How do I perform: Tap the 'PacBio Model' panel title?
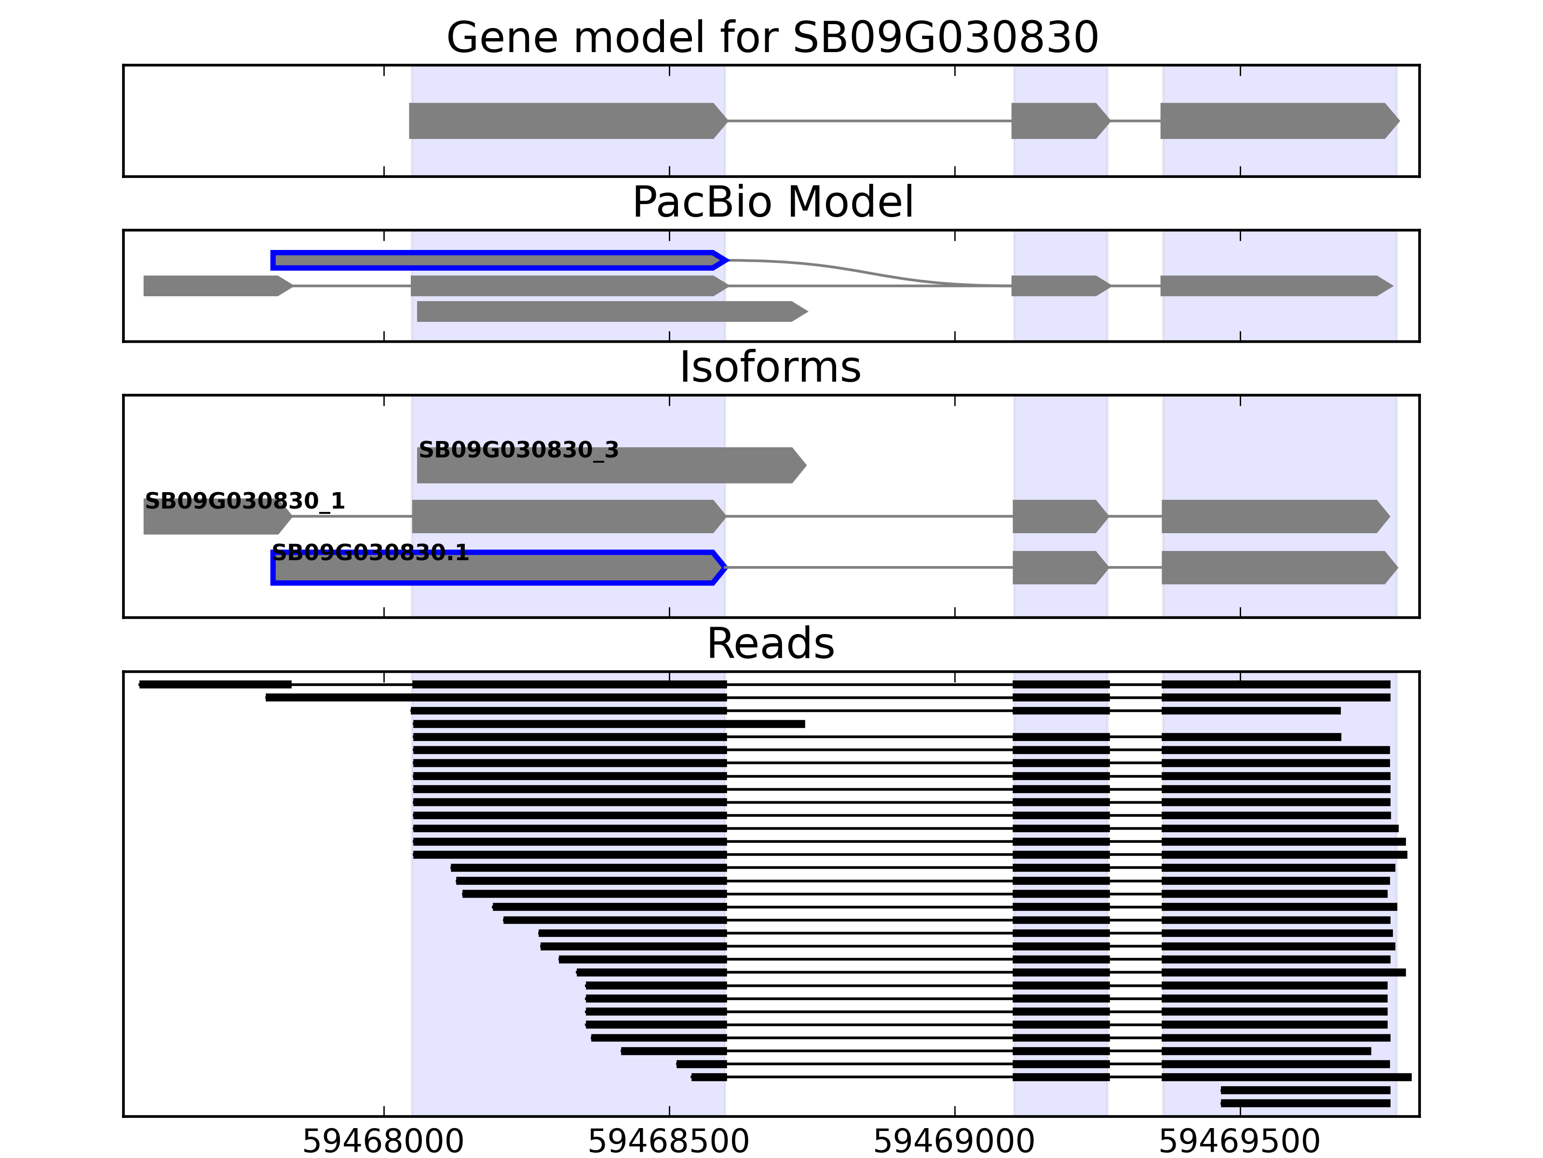pyautogui.click(x=771, y=203)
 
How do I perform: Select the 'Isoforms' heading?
pyautogui.click(x=770, y=367)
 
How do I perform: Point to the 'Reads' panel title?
pyautogui.click(x=770, y=644)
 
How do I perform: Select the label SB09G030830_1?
pyautogui.click(x=244, y=501)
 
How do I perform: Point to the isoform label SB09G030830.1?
pyautogui.click(x=370, y=553)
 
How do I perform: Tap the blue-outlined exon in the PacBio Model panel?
pyautogui.click(x=495, y=261)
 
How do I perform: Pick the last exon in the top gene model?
pyautogui.click(x=1276, y=121)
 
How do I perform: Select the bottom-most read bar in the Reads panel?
pyautogui.click(x=1304, y=1103)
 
